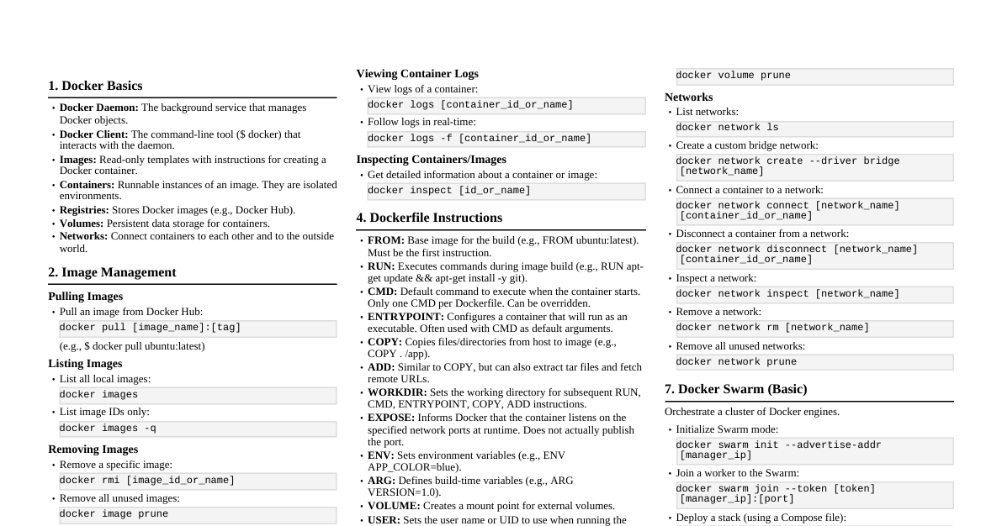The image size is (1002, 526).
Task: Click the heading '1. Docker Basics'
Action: pyautogui.click(x=95, y=86)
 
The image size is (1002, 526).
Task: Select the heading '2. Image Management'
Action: pyautogui.click(x=112, y=272)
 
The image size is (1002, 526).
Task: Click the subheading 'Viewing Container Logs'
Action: pyautogui.click(x=417, y=74)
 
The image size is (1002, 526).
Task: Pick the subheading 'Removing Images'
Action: pyautogui.click(x=93, y=450)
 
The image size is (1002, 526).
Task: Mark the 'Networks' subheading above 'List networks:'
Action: pyautogui.click(x=688, y=97)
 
